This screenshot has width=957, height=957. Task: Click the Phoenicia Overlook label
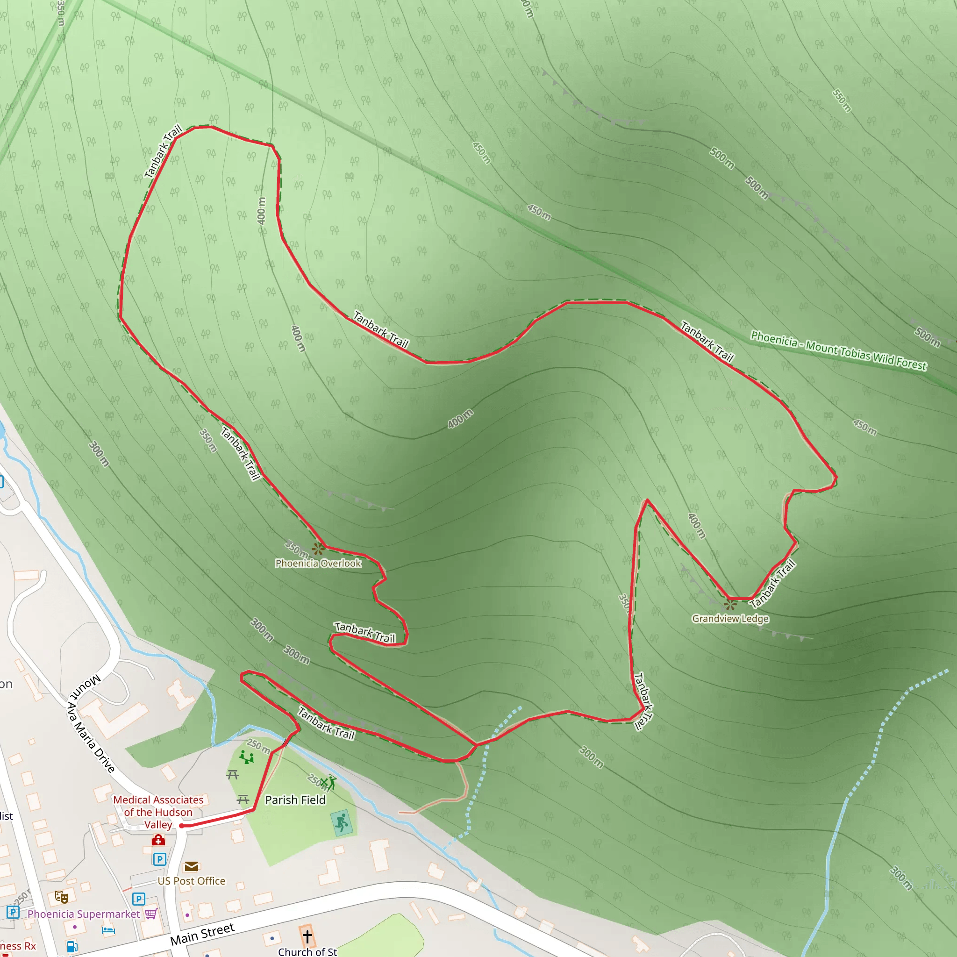click(x=318, y=563)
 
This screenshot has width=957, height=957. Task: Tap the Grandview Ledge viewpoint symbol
click(x=729, y=604)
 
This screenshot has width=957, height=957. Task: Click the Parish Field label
click(x=295, y=800)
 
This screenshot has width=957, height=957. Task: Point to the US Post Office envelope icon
click(x=191, y=866)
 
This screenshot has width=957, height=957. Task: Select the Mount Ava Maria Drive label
click(x=92, y=724)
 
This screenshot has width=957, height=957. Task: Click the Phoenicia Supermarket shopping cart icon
click(x=151, y=914)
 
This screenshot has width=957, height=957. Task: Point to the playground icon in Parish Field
click(x=246, y=757)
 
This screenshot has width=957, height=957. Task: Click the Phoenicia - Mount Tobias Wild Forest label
click(x=838, y=351)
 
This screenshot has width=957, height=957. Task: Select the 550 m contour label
click(x=842, y=100)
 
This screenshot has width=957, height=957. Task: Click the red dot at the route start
click(x=181, y=826)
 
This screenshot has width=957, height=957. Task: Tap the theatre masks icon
click(x=61, y=897)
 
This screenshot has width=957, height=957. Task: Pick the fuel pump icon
click(x=72, y=947)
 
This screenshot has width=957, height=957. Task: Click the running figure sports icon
click(x=342, y=823)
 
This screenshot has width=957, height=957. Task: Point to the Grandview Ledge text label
click(x=730, y=619)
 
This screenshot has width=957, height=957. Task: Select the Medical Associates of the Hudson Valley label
click(x=158, y=812)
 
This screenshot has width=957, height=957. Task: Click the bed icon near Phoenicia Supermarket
click(x=108, y=931)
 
